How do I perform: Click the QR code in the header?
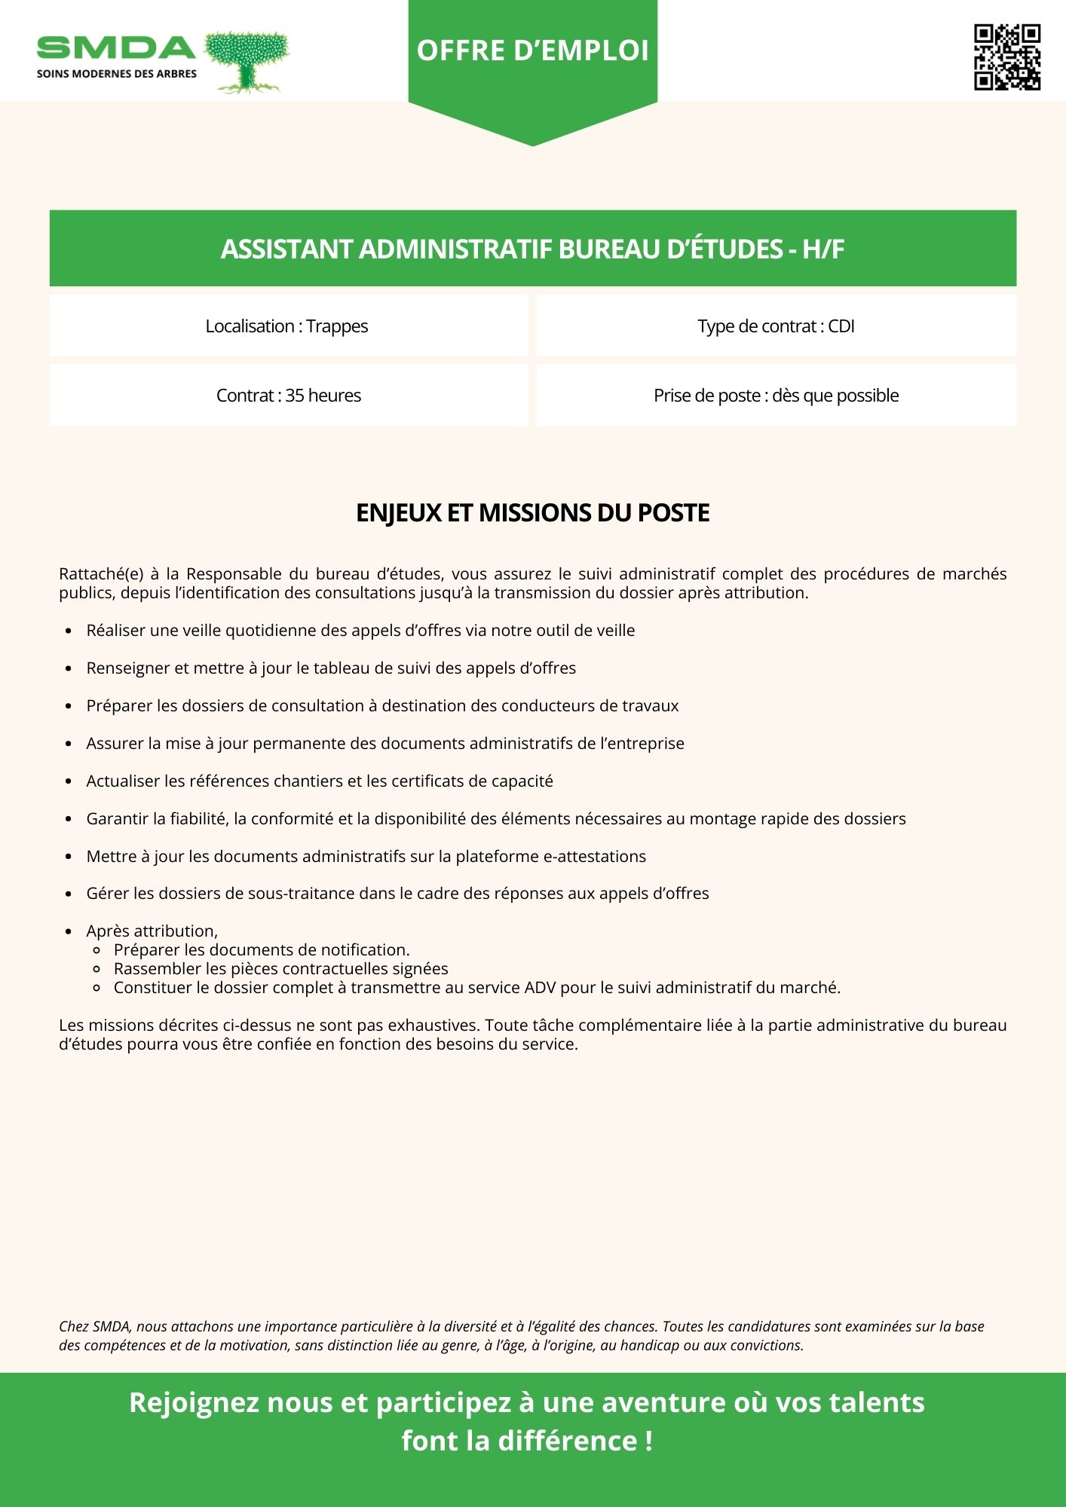point(1007,57)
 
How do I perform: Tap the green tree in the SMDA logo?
point(247,60)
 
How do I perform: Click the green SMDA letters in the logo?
point(116,48)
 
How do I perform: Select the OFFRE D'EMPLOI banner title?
point(532,50)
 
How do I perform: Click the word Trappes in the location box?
point(337,326)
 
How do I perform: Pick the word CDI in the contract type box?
point(841,326)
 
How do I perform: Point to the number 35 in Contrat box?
point(294,396)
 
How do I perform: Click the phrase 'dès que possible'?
point(835,396)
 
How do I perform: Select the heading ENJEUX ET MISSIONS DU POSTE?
point(532,513)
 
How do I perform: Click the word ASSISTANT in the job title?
point(286,249)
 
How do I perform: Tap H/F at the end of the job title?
point(823,249)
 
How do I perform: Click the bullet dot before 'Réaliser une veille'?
point(69,631)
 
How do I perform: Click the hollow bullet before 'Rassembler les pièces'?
point(96,969)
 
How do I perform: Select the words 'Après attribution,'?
point(152,931)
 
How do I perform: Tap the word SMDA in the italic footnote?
point(112,1327)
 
